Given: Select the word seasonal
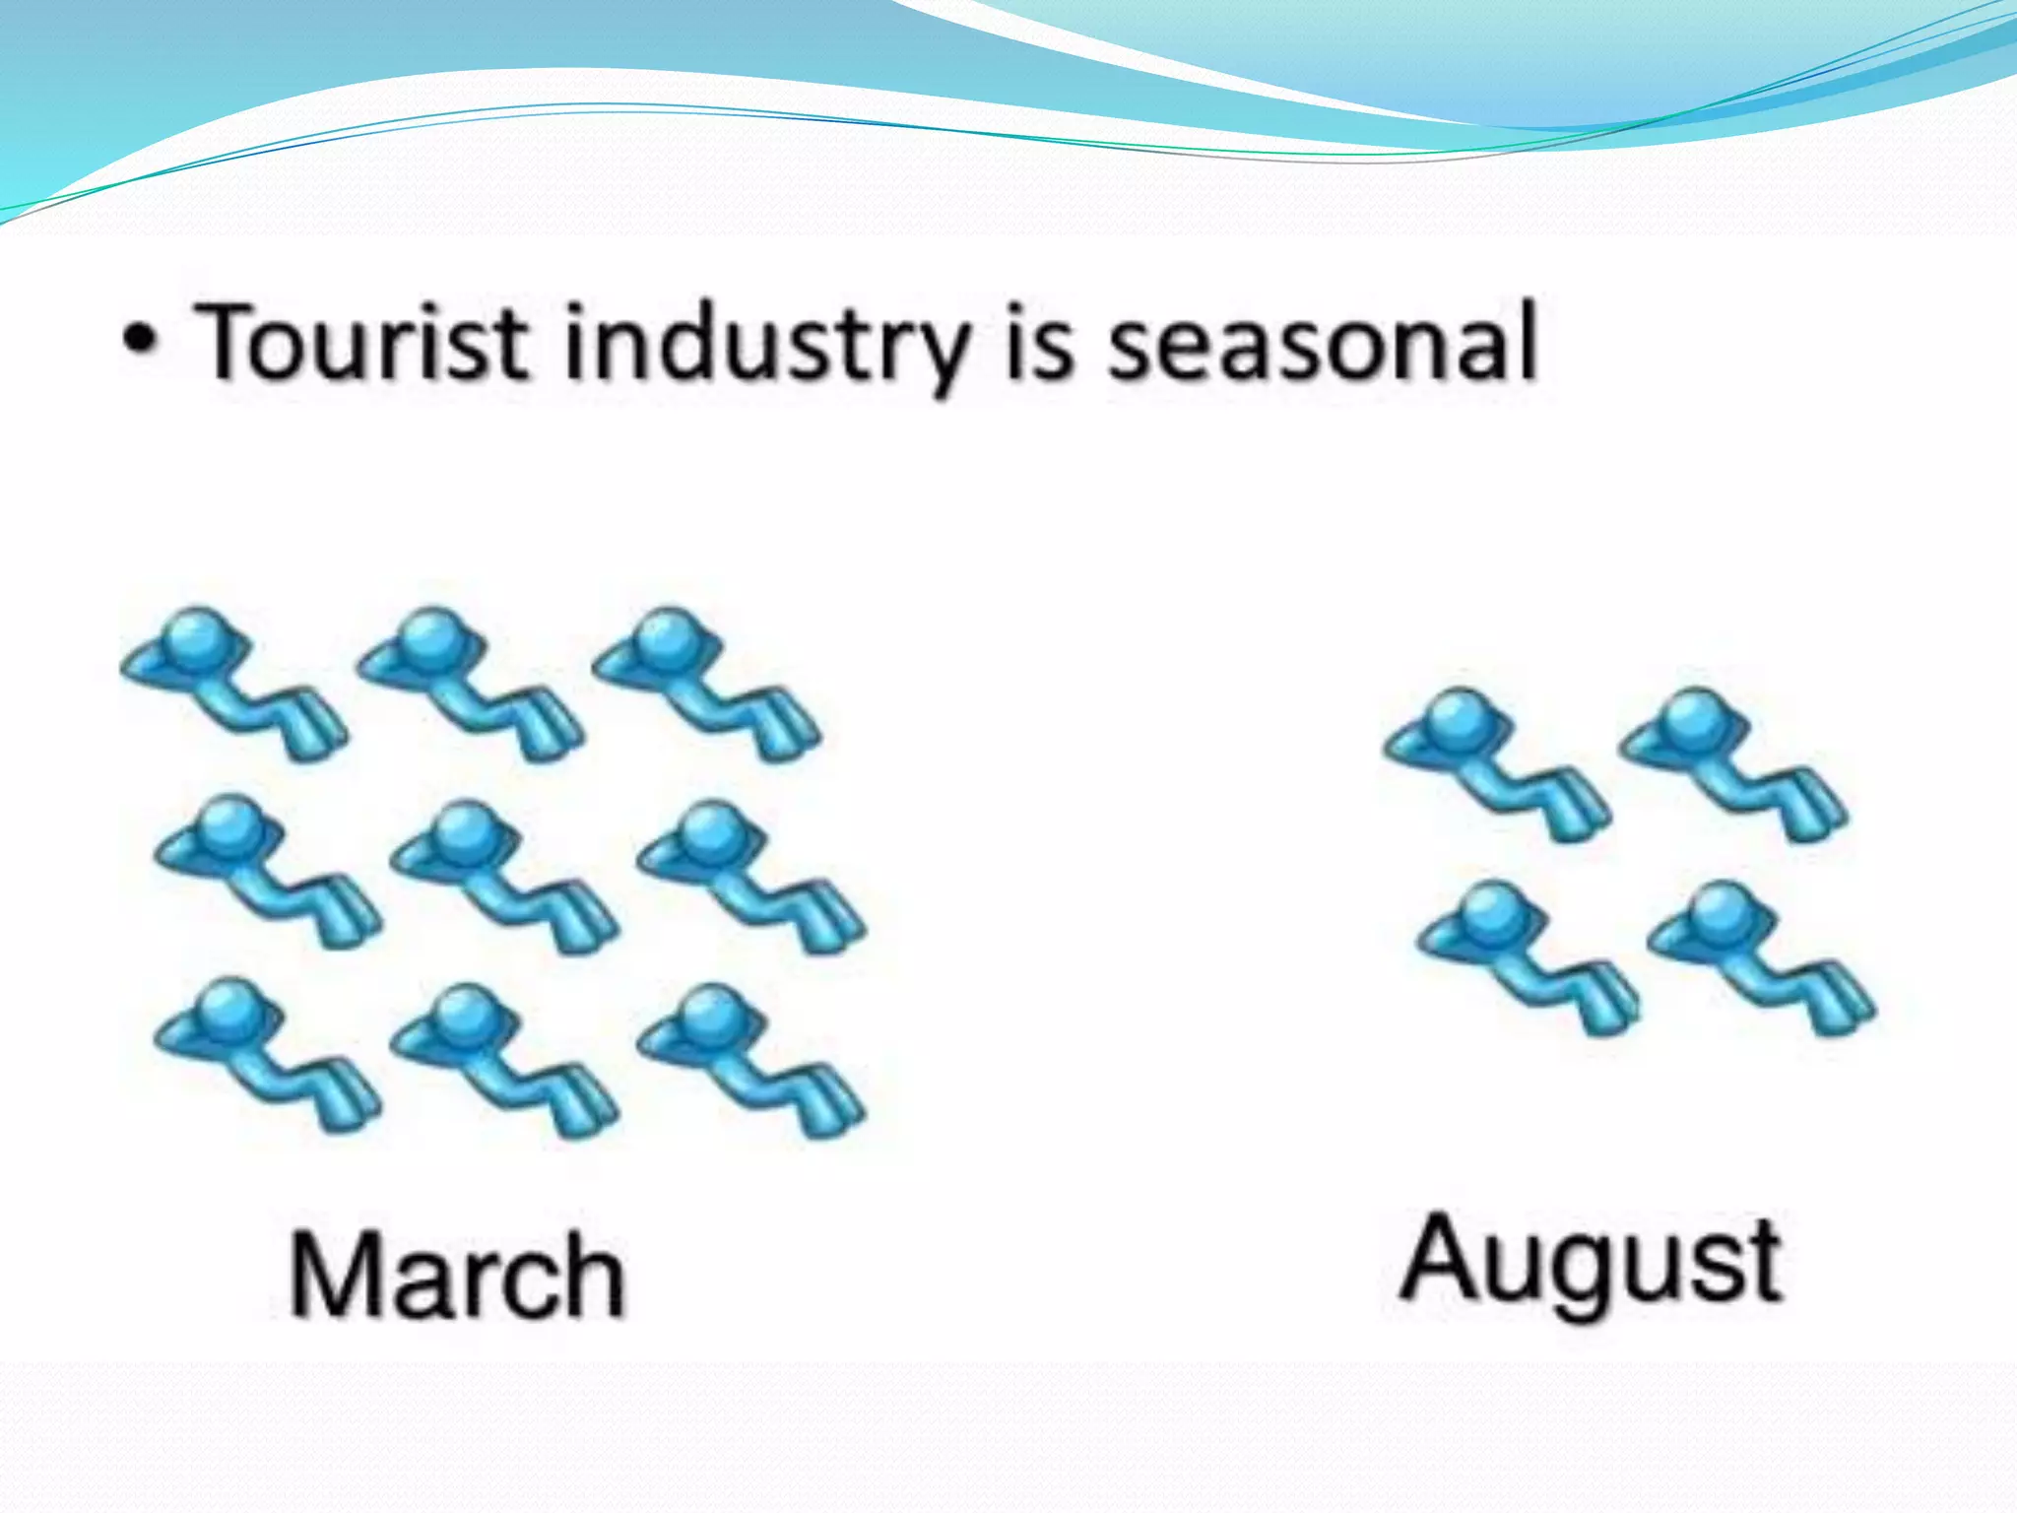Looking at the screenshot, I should click(1322, 343).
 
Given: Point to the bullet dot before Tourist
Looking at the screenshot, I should click(140, 342).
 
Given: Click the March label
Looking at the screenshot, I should click(457, 1276).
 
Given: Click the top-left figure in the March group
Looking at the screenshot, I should click(234, 684).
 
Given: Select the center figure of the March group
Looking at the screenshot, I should click(504, 876).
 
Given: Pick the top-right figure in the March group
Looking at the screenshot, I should click(707, 684).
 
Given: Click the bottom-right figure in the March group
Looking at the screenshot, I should click(750, 1060).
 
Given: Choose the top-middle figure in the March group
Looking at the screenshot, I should click(471, 684).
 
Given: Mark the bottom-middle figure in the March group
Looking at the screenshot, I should click(504, 1060).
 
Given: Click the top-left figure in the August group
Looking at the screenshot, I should click(1497, 764).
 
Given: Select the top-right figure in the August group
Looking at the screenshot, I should click(1733, 764).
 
